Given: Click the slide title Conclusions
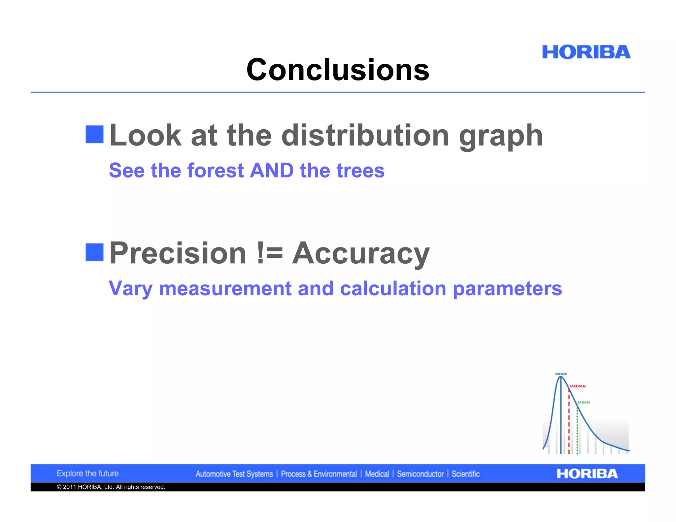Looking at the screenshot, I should [x=338, y=70].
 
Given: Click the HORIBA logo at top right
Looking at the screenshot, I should [x=586, y=52].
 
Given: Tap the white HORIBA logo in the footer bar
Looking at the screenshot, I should [x=587, y=474].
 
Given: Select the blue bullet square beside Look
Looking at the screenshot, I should [x=94, y=134].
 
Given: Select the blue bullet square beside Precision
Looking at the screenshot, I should [x=94, y=252].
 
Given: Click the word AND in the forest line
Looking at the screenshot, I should [x=272, y=171].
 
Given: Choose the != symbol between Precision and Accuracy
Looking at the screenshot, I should [x=270, y=253].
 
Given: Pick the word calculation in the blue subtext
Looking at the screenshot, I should [x=393, y=289].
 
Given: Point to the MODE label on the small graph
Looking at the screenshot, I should [x=561, y=374].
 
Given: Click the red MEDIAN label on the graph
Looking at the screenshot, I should [x=578, y=386].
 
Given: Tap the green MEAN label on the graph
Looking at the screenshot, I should [x=584, y=402].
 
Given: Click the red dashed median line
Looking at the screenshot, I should [x=569, y=426].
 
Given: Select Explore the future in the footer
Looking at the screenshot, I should [x=87, y=473].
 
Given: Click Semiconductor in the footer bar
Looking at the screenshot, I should [x=420, y=474].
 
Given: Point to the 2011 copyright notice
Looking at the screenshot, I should [x=111, y=487].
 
